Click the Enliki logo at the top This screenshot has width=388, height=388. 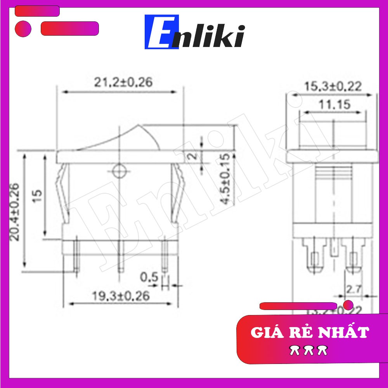tap(195, 32)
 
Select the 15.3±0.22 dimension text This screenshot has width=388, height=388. tap(333, 86)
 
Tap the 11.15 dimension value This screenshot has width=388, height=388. tap(334, 104)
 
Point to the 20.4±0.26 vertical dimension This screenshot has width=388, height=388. tap(15, 212)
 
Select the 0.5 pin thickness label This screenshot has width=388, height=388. tap(149, 277)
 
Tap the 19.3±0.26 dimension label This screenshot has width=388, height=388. tap(121, 296)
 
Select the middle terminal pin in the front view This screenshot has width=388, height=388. tap(120, 256)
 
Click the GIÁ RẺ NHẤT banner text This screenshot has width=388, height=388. tap(309, 333)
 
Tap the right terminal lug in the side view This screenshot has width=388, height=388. tap(353, 256)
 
